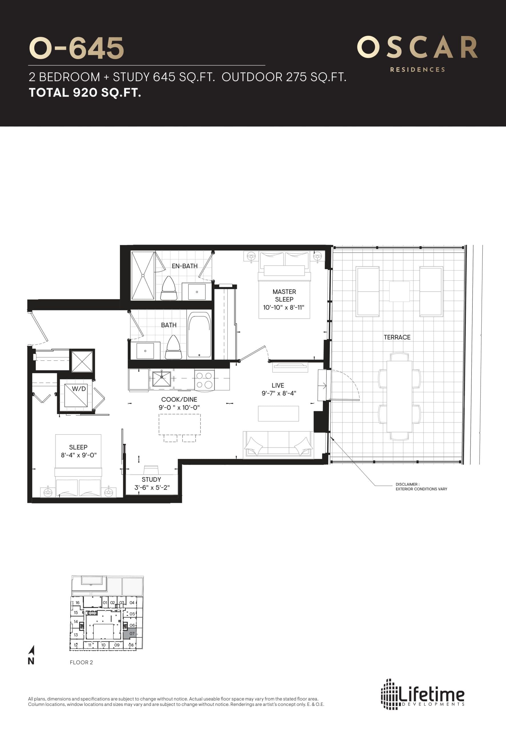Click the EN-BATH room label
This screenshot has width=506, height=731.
[x=184, y=266]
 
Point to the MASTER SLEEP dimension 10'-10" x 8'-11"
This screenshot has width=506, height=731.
[x=284, y=307]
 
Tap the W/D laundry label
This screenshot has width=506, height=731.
[x=79, y=389]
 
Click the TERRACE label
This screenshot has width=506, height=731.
[x=397, y=337]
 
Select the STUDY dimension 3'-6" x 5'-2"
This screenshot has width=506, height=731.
[x=152, y=487]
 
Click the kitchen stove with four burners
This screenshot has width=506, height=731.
[x=204, y=380]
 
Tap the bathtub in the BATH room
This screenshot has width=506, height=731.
[x=199, y=336]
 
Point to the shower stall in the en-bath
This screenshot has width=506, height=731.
[x=143, y=275]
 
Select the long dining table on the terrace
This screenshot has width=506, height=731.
[x=399, y=397]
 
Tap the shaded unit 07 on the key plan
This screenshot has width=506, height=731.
[x=132, y=634]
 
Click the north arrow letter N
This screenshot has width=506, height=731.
[x=31, y=661]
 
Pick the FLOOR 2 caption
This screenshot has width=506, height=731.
[x=81, y=662]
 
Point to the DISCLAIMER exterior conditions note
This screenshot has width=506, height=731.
[x=421, y=487]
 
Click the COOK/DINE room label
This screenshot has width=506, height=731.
[x=179, y=399]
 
